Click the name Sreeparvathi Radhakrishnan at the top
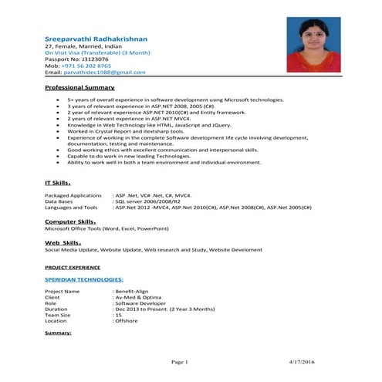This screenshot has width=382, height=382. point(96,38)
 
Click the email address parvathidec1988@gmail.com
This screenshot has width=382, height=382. point(104,72)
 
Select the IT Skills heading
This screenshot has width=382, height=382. point(58,183)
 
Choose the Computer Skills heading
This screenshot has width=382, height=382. point(70,221)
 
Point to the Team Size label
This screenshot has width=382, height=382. point(58,315)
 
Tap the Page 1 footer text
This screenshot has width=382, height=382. point(180,361)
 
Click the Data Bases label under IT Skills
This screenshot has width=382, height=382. point(61,201)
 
